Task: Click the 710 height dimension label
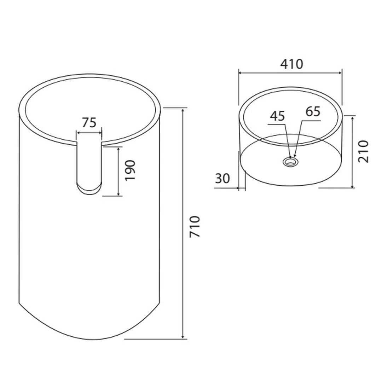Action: tap(195, 226)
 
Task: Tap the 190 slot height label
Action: tap(130, 170)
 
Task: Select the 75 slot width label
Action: tap(89, 122)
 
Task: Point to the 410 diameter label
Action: tap(291, 64)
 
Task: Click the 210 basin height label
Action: tap(364, 151)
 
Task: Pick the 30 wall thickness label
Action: tap(222, 179)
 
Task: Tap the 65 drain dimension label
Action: tap(313, 111)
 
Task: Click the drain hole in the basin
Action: tap(290, 162)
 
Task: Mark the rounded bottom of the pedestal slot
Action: tap(89, 190)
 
